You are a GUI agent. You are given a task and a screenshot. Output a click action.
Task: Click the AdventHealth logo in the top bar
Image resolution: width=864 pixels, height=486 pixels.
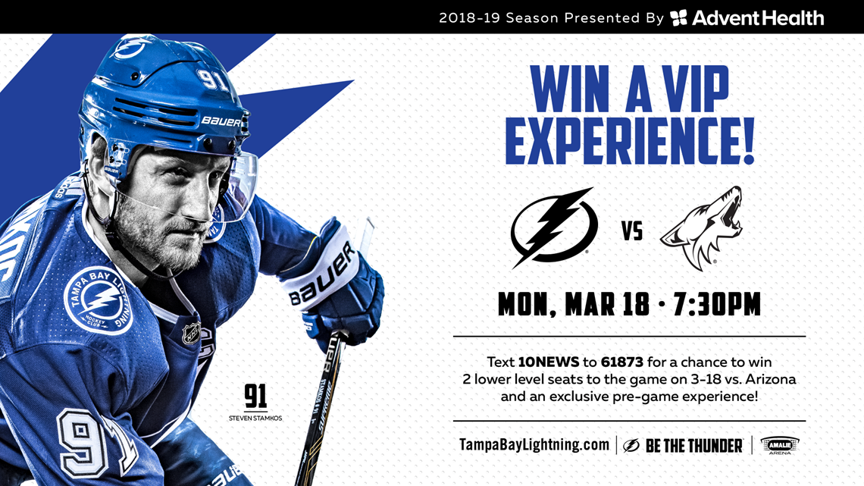[x=747, y=17]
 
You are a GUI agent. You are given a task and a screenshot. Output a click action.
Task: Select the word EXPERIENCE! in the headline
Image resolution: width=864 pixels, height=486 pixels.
[x=629, y=142]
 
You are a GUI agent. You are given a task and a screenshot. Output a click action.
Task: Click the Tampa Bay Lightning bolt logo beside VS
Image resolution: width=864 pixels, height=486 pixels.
[x=553, y=226]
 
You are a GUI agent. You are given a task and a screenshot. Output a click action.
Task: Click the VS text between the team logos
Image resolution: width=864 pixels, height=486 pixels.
[x=632, y=231]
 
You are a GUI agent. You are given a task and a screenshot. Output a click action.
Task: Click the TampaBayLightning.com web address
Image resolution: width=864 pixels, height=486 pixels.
[x=534, y=445]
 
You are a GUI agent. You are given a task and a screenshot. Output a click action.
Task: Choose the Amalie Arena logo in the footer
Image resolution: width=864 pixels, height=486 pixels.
[x=779, y=445]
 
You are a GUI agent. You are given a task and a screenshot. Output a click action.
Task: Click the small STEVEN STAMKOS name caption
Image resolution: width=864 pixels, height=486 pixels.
[x=255, y=418]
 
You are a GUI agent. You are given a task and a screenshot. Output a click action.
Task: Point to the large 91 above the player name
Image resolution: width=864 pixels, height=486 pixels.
[x=255, y=397]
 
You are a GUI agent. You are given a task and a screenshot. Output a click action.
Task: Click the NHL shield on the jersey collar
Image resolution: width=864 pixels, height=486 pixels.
[x=191, y=333]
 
